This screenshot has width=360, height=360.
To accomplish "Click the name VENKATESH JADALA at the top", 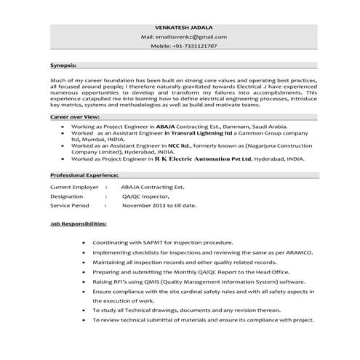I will point(179,26).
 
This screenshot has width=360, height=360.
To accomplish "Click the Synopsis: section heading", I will point(63,64).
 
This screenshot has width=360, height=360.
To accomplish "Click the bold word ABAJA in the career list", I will point(177,126).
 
